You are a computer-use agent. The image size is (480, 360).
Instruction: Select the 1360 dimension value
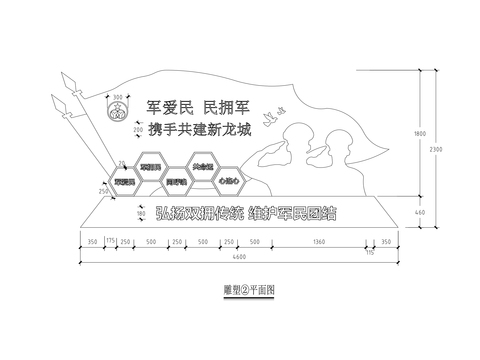[x=319, y=242]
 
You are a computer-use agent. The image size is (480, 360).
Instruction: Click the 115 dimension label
[x=370, y=254]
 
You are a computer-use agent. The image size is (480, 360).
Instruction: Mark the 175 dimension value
[x=111, y=242]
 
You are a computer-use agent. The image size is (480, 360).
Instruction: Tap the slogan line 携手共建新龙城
[x=198, y=129]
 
